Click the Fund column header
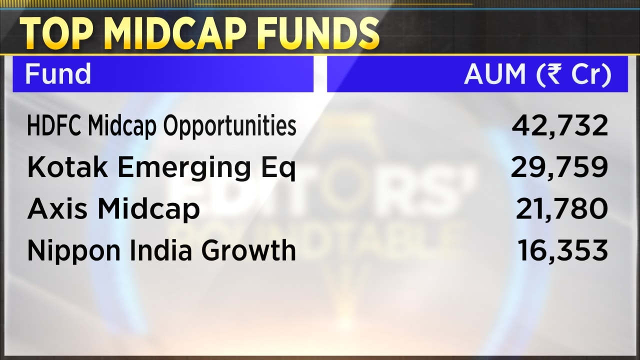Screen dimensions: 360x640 tap(57, 74)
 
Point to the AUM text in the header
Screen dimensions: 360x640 tap(494, 74)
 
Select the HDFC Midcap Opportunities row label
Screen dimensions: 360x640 tap(161, 126)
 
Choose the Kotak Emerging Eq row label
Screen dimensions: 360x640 tap(161, 168)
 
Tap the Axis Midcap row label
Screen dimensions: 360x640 tap(113, 209)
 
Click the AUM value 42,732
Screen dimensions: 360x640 tap(559, 125)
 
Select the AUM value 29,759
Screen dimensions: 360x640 tap(559, 167)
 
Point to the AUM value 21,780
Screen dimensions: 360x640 tap(562, 208)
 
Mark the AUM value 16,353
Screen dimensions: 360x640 tap(563, 250)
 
